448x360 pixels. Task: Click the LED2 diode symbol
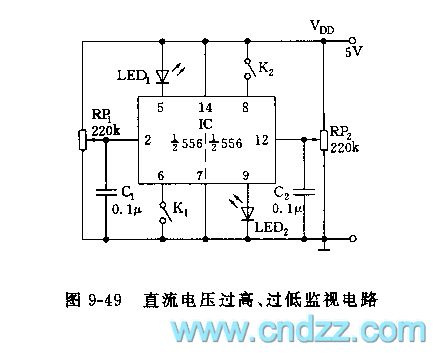pos(248,210)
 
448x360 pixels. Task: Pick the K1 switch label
pos(181,209)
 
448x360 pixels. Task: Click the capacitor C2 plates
pos(304,190)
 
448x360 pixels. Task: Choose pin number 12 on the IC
pos(262,140)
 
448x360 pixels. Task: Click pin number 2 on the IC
pos(147,140)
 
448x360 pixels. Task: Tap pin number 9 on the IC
pos(247,176)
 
